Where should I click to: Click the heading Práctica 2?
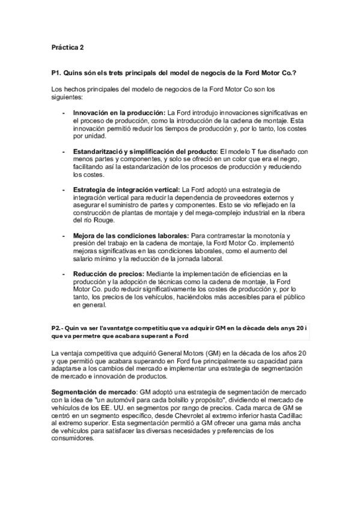67,46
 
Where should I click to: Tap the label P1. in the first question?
58,72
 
